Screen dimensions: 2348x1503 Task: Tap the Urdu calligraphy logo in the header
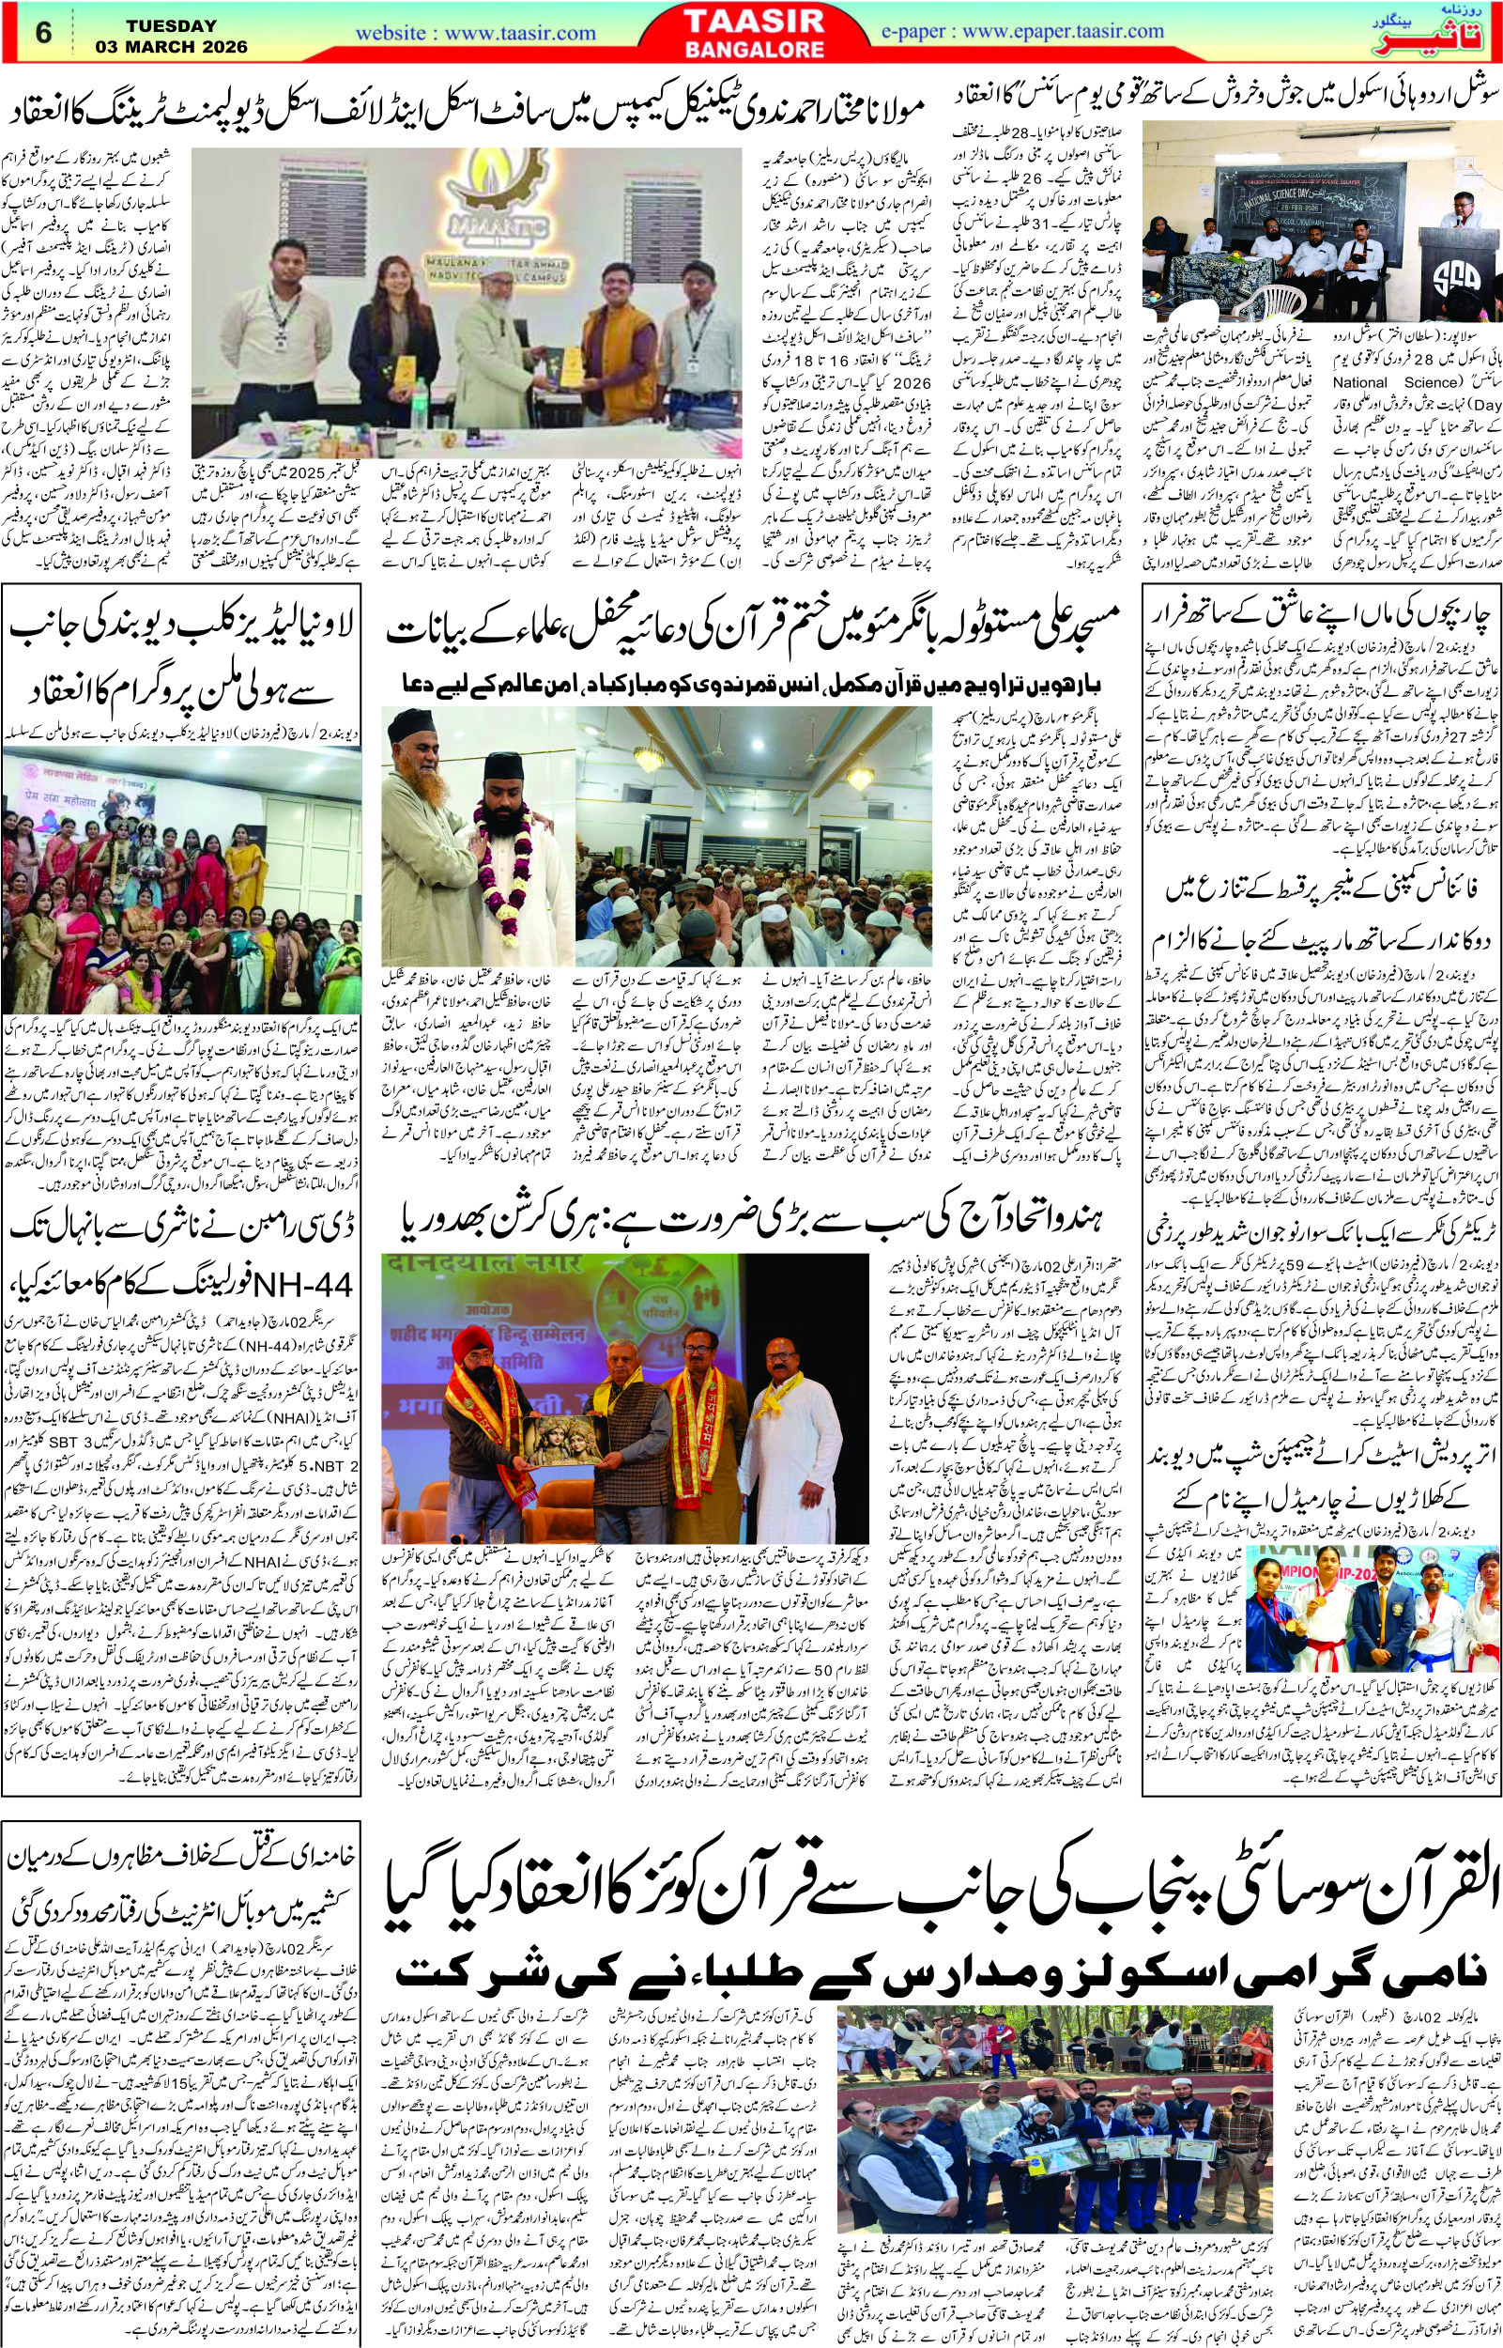coord(1449,32)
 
